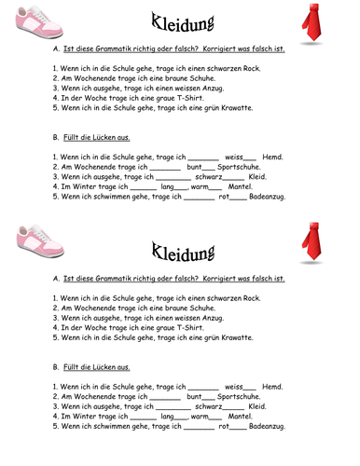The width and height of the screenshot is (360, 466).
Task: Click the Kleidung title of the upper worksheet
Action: click(x=179, y=21)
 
